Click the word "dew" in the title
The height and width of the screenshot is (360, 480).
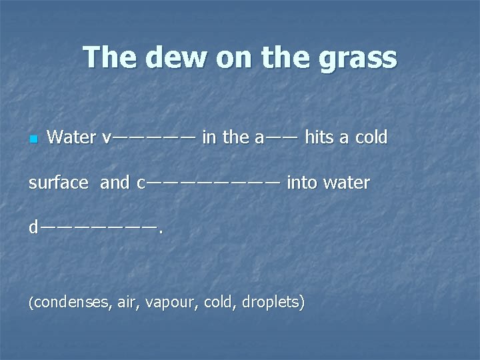pos(166,58)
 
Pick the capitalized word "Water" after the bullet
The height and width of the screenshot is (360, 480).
pos(72,137)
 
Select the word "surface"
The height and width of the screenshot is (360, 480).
pos(58,183)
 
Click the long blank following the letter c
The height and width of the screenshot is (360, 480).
pos(213,182)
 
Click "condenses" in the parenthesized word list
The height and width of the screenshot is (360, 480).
pos(71,303)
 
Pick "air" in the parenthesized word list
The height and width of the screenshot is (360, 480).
pos(127,303)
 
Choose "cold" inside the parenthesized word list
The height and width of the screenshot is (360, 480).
pos(219,303)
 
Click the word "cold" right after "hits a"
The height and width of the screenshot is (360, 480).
pos(371,137)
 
